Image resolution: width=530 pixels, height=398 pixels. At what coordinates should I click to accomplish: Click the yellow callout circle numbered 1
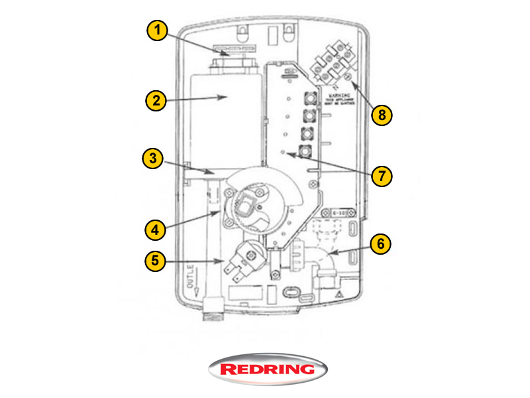tap(157, 31)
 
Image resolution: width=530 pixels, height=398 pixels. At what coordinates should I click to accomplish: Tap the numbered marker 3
tap(153, 159)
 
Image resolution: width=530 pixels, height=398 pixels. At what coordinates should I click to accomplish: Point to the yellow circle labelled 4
tap(156, 230)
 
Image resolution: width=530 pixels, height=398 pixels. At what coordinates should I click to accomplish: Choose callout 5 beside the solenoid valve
tap(156, 260)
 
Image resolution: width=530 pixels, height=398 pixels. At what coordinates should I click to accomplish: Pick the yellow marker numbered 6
tap(380, 243)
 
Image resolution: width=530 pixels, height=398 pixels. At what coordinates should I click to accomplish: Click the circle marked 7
tap(382, 176)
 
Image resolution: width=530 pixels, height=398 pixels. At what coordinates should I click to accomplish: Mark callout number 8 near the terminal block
tap(382, 114)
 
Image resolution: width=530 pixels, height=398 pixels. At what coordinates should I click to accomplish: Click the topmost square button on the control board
tap(309, 99)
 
